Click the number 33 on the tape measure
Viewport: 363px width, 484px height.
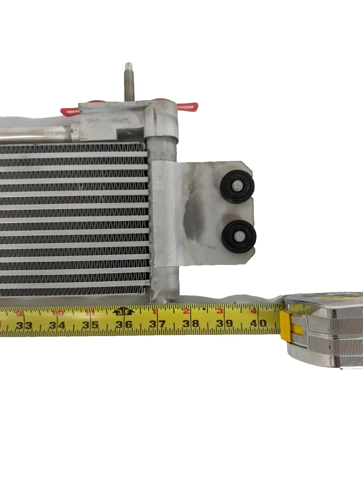pos(24,326)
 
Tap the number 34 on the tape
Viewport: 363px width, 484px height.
pos(57,325)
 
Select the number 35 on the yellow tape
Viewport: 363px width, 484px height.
pos(91,325)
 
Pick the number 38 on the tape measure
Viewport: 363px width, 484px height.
pos(191,324)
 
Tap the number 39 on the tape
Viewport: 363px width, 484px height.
pos(224,323)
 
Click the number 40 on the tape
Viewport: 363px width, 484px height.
pos(258,323)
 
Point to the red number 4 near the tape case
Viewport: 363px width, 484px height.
pos(253,311)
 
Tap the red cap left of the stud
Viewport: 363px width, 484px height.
pos(70,111)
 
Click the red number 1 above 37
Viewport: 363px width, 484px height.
pos(154,311)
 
